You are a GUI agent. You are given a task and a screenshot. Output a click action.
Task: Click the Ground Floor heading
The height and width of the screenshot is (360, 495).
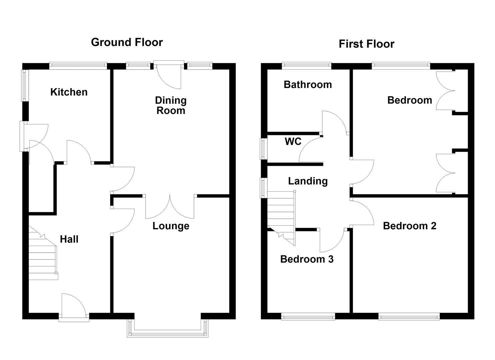(127, 42)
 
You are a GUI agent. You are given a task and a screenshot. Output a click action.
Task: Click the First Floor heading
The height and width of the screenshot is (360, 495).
(366, 44)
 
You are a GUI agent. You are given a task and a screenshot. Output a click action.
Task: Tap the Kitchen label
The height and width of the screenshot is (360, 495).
(69, 92)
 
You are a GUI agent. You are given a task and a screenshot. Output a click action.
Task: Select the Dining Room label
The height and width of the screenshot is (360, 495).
(171, 105)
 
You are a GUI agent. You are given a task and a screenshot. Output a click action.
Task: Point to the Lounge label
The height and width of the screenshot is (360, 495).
(171, 226)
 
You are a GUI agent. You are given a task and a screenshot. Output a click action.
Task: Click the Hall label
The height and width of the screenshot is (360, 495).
(69, 239)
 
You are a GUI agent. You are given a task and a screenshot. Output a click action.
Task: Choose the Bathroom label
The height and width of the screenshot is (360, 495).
(308, 85)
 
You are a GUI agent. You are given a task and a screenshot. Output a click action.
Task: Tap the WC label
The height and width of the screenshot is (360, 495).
(293, 141)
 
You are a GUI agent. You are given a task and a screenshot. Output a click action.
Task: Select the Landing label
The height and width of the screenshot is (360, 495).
(308, 181)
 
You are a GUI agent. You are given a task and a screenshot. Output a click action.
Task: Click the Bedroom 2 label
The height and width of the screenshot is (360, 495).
(409, 226)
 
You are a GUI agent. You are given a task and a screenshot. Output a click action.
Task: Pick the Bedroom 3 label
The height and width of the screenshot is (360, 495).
(307, 259)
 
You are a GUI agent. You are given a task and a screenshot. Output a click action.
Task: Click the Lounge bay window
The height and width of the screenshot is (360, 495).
(168, 328)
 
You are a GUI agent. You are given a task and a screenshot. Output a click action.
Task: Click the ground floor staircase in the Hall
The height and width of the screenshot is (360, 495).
(43, 253)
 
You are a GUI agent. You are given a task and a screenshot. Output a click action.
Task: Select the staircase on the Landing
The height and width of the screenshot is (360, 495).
(281, 218)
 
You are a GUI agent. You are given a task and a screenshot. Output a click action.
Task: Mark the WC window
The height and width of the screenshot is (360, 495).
(263, 149)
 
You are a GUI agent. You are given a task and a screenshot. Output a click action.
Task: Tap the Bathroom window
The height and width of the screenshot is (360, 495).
(307, 66)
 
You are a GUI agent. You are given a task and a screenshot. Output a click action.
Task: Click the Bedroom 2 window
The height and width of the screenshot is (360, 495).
(409, 318)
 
